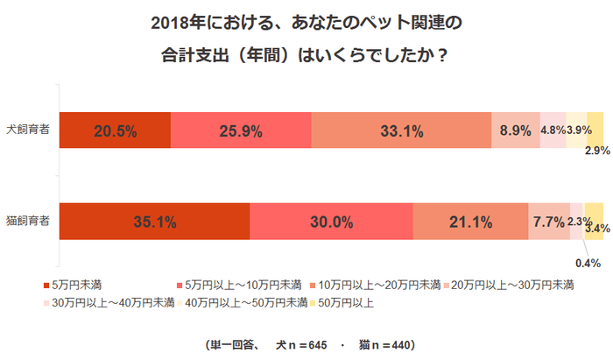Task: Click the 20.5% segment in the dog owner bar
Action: point(115,131)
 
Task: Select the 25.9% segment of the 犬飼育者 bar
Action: point(241,131)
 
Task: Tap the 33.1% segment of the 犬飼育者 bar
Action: point(401,131)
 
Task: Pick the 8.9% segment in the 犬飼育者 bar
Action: point(515,131)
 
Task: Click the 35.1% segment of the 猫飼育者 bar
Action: point(155,222)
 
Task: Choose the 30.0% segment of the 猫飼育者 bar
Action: point(331,222)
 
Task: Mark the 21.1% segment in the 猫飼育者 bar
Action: point(470,222)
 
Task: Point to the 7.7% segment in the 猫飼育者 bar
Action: point(548,222)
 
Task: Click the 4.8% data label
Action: point(552,131)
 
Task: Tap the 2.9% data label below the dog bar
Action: point(596,151)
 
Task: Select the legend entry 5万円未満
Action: point(76,285)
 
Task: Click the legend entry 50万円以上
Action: point(346,303)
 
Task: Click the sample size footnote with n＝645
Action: point(308,343)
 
